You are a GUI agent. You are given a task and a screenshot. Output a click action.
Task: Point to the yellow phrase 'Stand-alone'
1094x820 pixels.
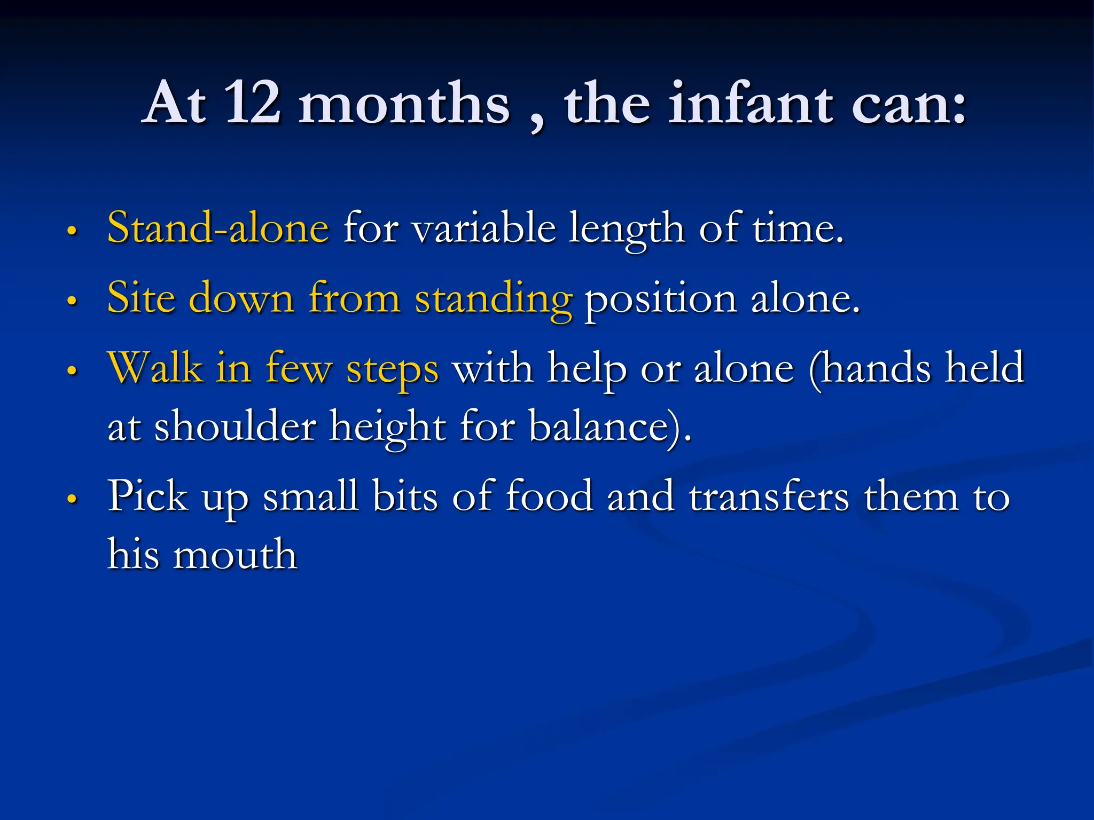[218, 228]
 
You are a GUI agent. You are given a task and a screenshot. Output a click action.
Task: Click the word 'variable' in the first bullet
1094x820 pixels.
[484, 228]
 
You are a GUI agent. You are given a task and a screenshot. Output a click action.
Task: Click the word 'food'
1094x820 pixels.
[550, 496]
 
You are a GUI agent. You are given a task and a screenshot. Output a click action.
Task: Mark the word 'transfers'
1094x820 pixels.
[769, 496]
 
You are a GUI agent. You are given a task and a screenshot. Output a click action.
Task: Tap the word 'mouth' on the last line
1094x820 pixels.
[235, 554]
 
